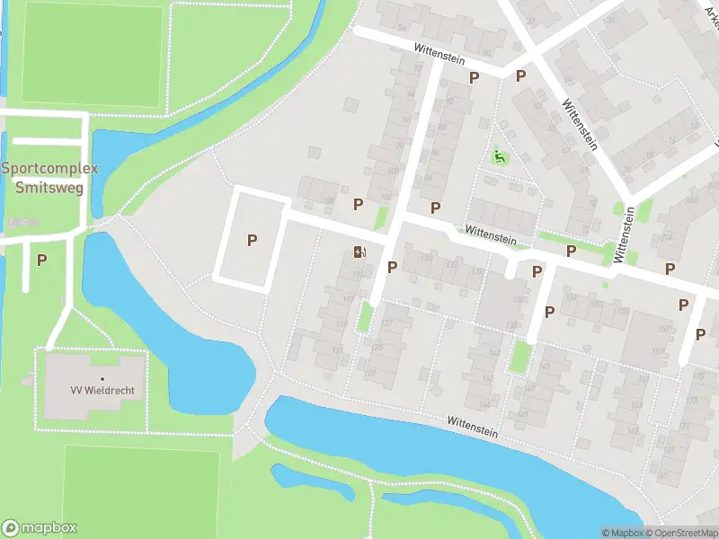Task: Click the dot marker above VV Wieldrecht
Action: (x=102, y=378)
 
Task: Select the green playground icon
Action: (x=500, y=158)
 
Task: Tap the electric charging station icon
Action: (x=359, y=252)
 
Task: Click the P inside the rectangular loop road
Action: (x=253, y=240)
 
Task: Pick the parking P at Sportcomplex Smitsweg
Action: (x=41, y=260)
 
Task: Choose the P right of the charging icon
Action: (x=392, y=267)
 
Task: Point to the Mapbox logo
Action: (x=40, y=528)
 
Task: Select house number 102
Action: (x=386, y=197)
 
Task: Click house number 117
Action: (x=348, y=300)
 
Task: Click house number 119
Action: (x=341, y=324)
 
